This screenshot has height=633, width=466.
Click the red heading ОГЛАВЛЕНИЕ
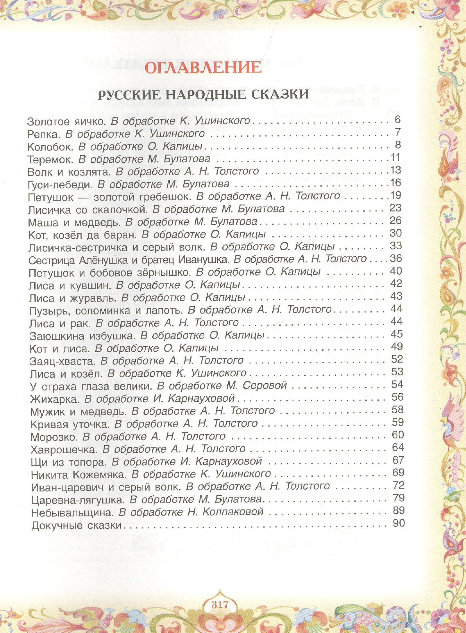point(203,67)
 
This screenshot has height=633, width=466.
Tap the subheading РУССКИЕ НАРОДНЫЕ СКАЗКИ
point(203,94)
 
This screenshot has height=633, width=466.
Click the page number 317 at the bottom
point(220,604)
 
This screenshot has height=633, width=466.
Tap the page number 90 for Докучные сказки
point(399,523)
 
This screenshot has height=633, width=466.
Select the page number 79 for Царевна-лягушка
point(398,498)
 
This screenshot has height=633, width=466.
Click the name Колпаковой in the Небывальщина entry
point(233,511)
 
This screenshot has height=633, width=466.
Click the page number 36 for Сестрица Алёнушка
point(395,258)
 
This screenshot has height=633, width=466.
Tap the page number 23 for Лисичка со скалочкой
point(395,208)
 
